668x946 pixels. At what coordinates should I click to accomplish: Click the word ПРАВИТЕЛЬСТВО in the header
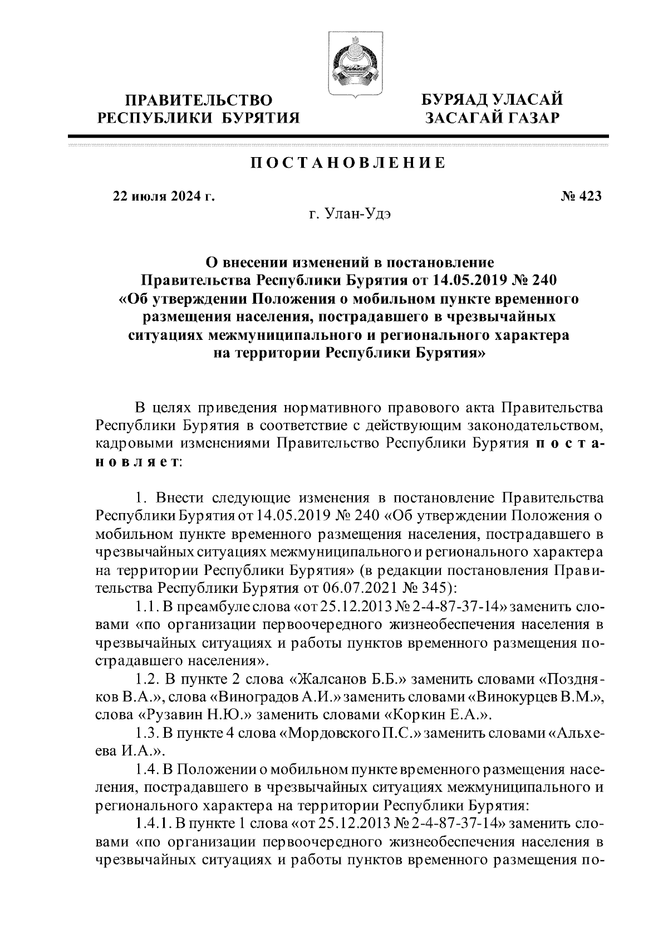click(x=199, y=100)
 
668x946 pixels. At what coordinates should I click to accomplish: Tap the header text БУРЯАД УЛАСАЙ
click(x=492, y=100)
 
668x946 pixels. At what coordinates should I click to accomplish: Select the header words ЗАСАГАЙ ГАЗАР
click(x=492, y=118)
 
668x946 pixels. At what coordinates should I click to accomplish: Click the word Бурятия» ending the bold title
click(x=451, y=353)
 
